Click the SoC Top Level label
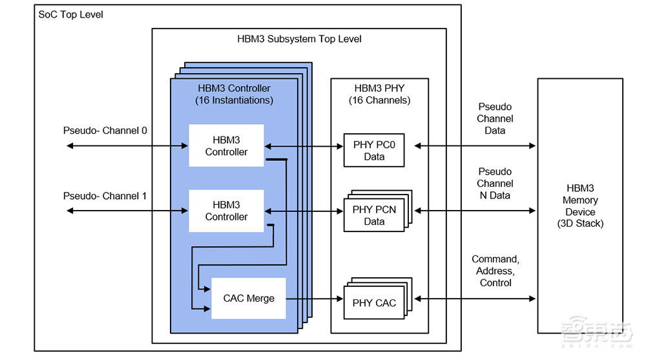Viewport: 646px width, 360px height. (x=71, y=14)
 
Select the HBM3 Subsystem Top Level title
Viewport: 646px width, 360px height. (x=299, y=39)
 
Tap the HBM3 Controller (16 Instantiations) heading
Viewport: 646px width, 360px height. (x=234, y=94)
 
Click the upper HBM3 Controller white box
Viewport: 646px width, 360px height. (x=226, y=146)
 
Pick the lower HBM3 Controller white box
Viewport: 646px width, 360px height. (x=226, y=211)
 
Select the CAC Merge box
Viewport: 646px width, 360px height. (x=249, y=299)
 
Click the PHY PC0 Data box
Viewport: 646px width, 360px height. (x=374, y=151)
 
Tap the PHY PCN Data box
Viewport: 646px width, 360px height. (x=374, y=216)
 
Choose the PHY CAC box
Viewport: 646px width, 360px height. (x=374, y=302)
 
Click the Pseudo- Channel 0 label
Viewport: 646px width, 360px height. (x=105, y=131)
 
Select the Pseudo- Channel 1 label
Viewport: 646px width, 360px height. (x=105, y=196)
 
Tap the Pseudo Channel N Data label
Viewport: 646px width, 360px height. (x=495, y=184)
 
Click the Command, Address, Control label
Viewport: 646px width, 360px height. (x=495, y=271)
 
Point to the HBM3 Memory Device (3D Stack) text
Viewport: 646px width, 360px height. (x=579, y=206)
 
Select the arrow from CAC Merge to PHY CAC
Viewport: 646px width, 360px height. (x=314, y=299)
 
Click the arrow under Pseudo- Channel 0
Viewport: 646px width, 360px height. (x=127, y=146)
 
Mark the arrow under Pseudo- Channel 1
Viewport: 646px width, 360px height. (x=127, y=211)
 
